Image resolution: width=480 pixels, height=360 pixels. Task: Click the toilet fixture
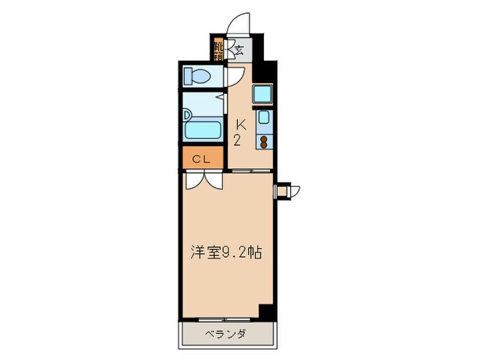point(200,75)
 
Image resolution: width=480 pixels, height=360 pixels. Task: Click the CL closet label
point(201,159)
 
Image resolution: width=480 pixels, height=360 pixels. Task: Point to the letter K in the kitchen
point(241,125)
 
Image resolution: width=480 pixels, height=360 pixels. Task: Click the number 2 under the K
point(237,141)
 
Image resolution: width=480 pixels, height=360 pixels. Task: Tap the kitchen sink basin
point(264,117)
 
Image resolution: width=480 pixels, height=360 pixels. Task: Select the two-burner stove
point(264,141)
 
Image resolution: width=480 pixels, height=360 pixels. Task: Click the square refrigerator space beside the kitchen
point(263,93)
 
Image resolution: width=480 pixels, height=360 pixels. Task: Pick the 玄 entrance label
point(239,49)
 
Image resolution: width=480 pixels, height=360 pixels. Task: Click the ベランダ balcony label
point(226,335)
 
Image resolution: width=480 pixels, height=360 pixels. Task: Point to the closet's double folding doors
point(204,180)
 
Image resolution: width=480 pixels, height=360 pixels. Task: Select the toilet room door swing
point(232,76)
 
